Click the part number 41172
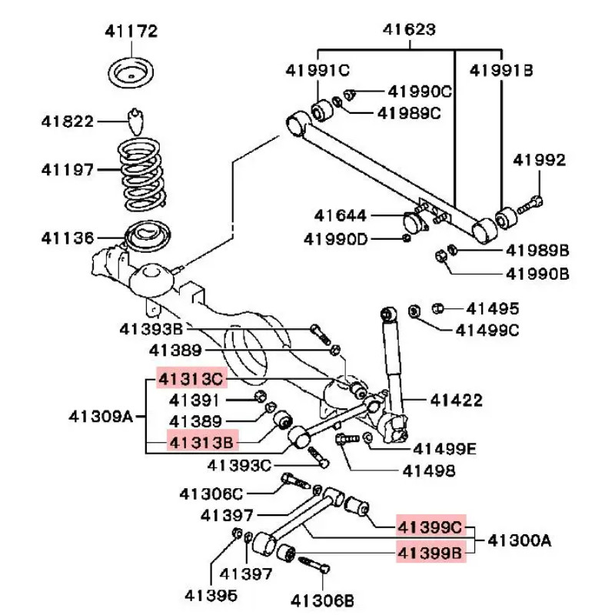pyautogui.click(x=131, y=32)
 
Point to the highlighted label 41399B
pyautogui.click(x=430, y=550)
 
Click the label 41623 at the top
pyautogui.click(x=409, y=30)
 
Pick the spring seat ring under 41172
pyautogui.click(x=131, y=73)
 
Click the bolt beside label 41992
pyautogui.click(x=530, y=206)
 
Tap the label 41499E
pyautogui.click(x=444, y=448)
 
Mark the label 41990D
pyautogui.click(x=335, y=238)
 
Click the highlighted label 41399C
pyautogui.click(x=430, y=527)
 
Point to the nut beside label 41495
pyautogui.click(x=439, y=308)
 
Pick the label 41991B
pyautogui.click(x=501, y=70)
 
